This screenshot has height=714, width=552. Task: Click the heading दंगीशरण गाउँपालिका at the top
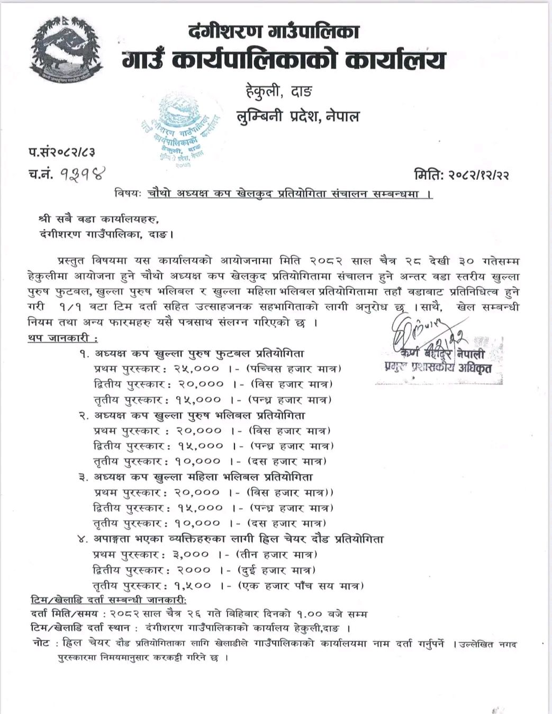coord(274,32)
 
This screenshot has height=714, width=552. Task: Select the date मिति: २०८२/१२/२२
coord(462,174)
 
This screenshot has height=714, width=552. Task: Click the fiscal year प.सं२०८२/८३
coord(61,153)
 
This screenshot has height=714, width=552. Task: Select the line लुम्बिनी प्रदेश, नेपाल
coord(297,116)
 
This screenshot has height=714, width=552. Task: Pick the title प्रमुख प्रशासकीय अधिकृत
coord(438,368)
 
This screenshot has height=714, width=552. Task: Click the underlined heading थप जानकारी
coord(62,338)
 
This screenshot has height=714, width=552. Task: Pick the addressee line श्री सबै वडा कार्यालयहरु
coord(98,218)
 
